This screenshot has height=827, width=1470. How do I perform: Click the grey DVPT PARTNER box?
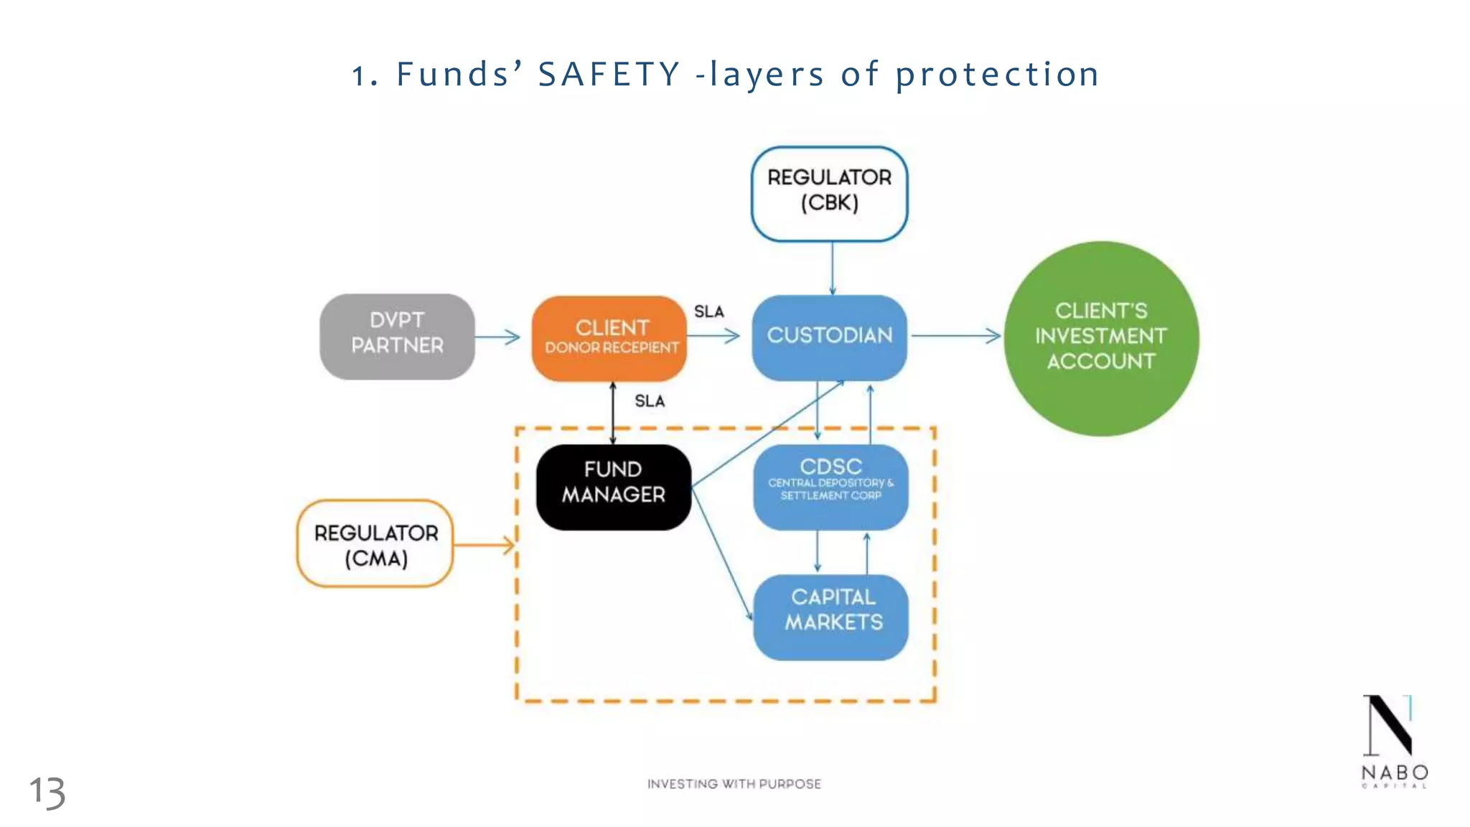[397, 336]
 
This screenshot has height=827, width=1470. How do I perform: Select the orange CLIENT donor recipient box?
[609, 337]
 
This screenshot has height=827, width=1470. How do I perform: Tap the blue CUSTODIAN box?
[829, 336]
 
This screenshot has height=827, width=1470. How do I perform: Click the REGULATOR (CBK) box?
[829, 192]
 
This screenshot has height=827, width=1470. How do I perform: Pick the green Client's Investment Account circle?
[1101, 337]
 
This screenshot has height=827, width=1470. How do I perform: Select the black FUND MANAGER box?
[613, 486]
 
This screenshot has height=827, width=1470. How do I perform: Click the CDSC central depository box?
[830, 486]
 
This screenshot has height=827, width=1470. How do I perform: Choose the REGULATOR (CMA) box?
[375, 544]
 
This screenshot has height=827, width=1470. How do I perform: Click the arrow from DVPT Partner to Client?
[497, 337]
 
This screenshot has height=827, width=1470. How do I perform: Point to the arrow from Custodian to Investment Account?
[955, 335]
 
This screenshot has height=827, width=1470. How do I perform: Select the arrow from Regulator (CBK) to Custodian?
[833, 268]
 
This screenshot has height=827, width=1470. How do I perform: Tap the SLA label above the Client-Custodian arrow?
[709, 312]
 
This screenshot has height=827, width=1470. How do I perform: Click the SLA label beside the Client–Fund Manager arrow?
[650, 401]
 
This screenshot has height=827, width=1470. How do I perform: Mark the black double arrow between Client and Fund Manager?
[612, 413]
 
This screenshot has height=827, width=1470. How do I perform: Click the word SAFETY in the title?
[609, 75]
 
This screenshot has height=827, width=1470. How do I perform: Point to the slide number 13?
[47, 793]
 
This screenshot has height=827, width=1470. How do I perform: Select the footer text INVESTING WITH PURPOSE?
[734, 784]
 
